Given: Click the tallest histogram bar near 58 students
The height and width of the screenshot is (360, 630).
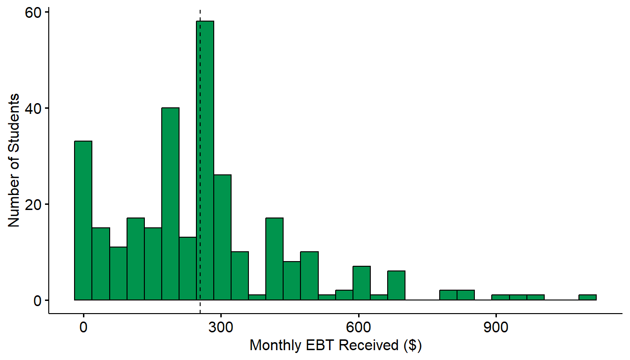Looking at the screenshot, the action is point(205,161).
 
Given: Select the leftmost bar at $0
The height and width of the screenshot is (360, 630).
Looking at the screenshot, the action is point(83,220).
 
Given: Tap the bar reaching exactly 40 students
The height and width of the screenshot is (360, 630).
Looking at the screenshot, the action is point(171,204).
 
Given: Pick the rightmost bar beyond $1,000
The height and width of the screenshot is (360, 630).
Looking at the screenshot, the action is point(587,297).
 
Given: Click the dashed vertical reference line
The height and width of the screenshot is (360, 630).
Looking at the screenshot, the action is point(200,161).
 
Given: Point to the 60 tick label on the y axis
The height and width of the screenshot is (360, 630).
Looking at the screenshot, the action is point(33,13).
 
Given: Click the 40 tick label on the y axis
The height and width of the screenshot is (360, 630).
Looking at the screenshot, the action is point(33,109).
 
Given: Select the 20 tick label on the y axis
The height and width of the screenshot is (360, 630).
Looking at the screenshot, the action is point(33,205).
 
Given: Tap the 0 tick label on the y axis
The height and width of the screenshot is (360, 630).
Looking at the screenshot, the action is point(37,301).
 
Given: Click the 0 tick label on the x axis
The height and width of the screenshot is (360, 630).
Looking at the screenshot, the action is point(83,327).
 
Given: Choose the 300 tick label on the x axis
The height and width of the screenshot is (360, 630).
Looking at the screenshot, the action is point(221,327).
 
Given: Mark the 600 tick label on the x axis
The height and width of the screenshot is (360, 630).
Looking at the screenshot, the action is point(358,327).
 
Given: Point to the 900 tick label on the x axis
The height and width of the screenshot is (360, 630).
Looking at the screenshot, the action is point(496,327).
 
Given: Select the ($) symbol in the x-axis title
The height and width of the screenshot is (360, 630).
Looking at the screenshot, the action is point(412,345).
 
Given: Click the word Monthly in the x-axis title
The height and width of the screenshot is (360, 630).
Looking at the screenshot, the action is point(276,346).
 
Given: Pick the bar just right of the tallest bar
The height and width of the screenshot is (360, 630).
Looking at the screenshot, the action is point(223,237).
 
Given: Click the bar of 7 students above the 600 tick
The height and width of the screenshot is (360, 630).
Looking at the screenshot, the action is point(362,283).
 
